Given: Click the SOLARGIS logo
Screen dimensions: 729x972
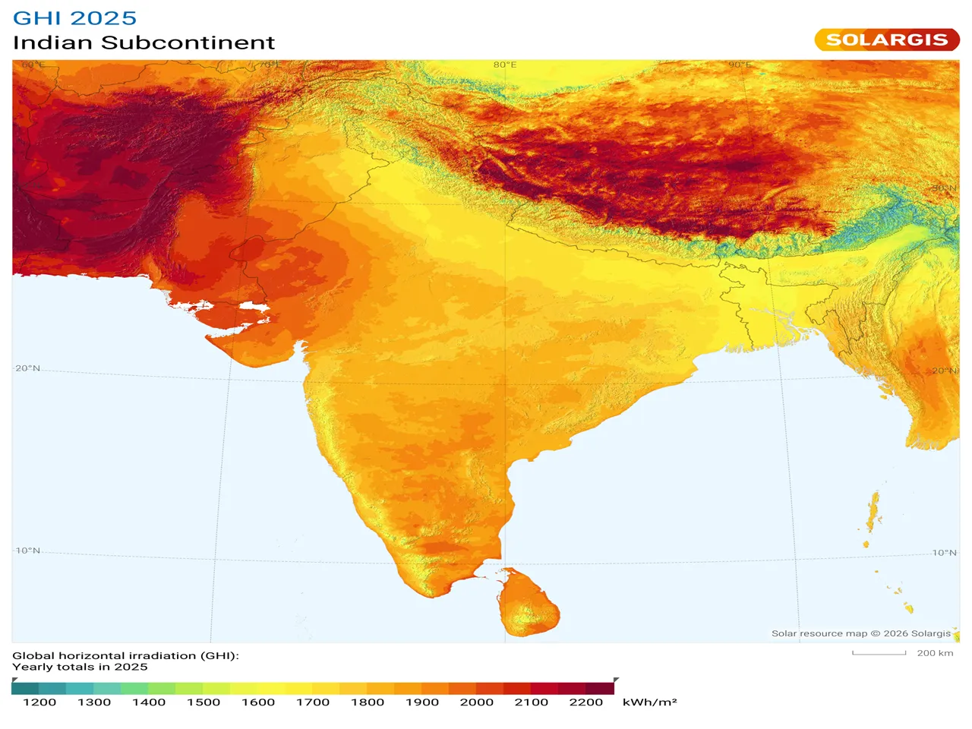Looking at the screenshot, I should click(x=886, y=39).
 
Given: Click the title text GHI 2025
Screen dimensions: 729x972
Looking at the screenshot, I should click(x=74, y=18).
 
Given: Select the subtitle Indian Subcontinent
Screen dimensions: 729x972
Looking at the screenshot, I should click(x=144, y=43).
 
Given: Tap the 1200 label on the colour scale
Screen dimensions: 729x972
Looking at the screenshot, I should click(x=39, y=702).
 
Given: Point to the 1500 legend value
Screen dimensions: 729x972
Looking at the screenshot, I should click(x=204, y=702).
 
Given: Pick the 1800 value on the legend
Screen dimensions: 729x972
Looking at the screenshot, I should click(x=368, y=702).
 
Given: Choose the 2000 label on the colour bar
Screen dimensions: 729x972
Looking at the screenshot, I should click(x=477, y=702).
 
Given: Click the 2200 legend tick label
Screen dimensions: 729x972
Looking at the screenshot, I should click(x=586, y=702).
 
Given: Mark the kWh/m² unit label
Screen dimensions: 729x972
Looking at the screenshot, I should click(x=649, y=702).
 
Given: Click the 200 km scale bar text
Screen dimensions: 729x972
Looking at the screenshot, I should click(x=935, y=653).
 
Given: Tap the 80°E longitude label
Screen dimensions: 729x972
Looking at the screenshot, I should click(x=505, y=65).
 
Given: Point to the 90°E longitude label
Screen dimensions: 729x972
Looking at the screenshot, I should click(x=740, y=65).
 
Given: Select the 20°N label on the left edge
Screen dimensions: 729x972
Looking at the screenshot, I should click(x=28, y=368).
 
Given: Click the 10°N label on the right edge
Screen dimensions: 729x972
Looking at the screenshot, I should click(x=945, y=553).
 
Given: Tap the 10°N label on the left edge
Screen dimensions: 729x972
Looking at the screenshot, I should click(x=28, y=551).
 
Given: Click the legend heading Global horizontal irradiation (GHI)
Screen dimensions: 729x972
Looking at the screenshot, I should click(x=125, y=655).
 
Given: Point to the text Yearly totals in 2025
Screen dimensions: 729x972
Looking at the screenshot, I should click(x=80, y=667).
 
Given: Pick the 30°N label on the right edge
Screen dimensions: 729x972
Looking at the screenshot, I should click(x=945, y=188).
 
